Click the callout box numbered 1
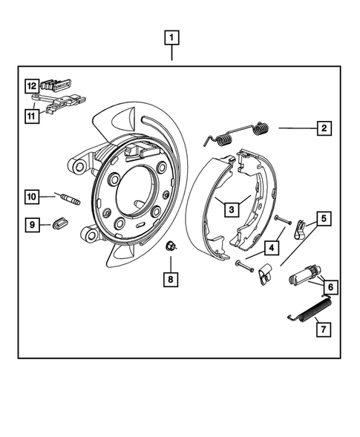point(172,36)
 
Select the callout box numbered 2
point(324,128)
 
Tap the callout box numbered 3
point(232,210)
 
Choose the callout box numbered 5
point(324,219)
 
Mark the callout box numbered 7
point(321,326)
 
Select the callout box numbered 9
point(32,223)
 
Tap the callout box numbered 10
point(32,197)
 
